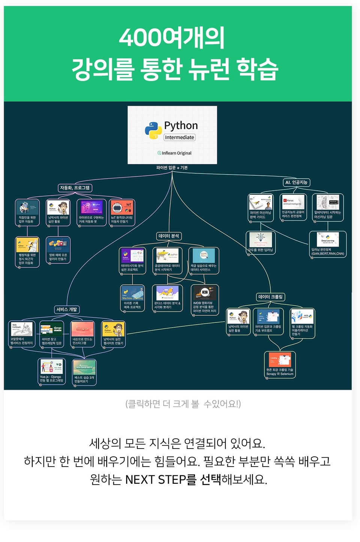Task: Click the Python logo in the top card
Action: [153, 130]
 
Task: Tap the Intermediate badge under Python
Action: [180, 137]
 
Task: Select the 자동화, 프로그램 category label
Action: [75, 188]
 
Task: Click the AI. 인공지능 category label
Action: [296, 182]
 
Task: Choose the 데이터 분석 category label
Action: [169, 236]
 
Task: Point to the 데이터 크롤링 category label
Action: [271, 297]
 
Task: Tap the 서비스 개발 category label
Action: [67, 310]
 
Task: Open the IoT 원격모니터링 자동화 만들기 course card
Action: [122, 212]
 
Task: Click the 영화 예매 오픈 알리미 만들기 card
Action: [58, 250]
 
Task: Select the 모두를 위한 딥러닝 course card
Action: [261, 242]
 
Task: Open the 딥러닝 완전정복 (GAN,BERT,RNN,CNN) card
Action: [328, 244]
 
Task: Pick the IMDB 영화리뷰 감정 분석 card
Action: [205, 300]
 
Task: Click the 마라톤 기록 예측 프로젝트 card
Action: [132, 298]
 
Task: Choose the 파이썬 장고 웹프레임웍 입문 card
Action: [52, 334]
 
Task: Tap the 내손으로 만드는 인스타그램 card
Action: [82, 334]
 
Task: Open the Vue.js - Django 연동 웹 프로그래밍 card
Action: [52, 371]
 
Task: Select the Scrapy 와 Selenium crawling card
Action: [280, 364]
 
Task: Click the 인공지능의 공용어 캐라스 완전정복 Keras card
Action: [293, 207]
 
